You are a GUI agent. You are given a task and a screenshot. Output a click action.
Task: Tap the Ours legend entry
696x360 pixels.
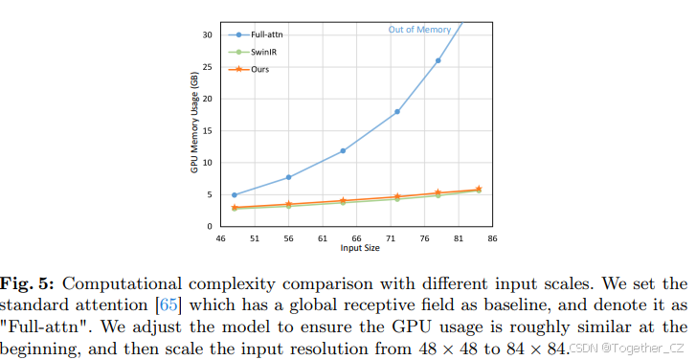(251, 70)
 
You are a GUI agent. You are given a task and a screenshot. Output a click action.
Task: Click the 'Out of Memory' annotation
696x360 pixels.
(419, 30)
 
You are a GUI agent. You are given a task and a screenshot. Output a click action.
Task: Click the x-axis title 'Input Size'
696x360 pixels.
(362, 248)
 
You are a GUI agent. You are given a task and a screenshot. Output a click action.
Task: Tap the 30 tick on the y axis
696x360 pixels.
(207, 34)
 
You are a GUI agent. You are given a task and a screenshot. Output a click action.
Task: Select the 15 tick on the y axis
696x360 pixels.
(207, 130)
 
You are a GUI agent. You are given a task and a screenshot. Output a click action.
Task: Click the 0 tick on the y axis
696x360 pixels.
(210, 227)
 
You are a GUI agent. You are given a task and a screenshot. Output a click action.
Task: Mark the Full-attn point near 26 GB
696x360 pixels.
(438, 60)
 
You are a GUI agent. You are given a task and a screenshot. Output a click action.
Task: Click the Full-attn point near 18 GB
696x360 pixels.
(396, 112)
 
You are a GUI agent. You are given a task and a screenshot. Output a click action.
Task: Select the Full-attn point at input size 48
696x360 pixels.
(234, 195)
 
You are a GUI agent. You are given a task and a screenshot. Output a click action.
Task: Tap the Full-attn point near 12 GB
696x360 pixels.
(343, 150)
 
